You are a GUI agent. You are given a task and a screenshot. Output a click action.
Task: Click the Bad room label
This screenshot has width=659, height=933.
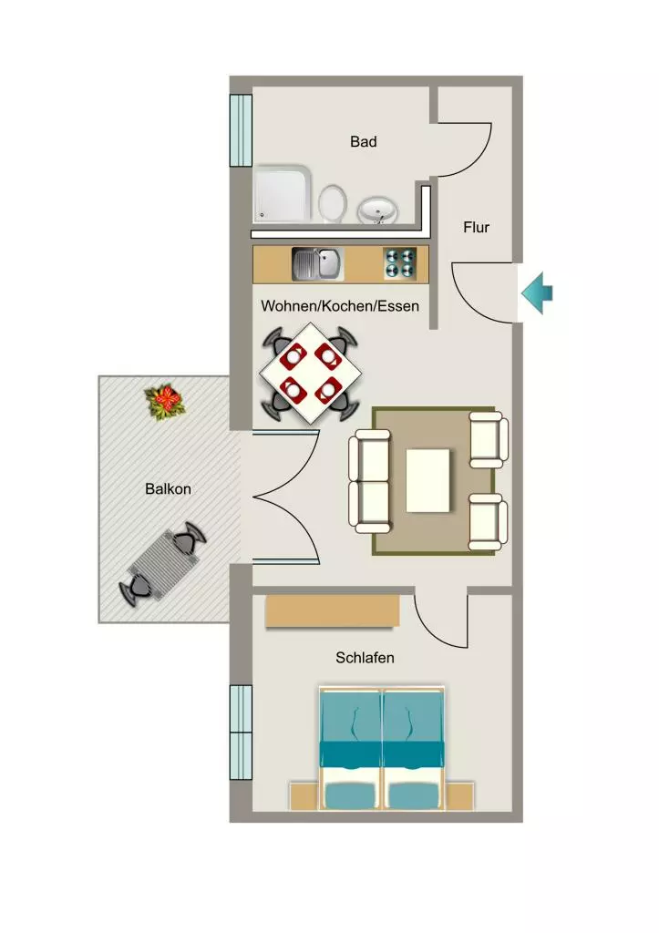tap(363, 141)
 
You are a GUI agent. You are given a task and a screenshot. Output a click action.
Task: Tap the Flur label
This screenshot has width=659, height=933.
tap(476, 227)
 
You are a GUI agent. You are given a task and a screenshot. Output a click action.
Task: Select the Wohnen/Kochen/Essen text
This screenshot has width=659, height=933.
tap(340, 306)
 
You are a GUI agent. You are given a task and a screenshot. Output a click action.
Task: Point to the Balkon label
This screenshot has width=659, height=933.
tap(168, 489)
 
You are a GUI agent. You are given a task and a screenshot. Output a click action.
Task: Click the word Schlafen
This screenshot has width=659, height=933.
tap(365, 658)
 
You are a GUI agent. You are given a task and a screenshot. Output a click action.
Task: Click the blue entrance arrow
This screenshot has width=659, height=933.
tap(538, 292)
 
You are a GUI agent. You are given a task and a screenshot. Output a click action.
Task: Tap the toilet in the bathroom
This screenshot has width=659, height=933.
tap(332, 203)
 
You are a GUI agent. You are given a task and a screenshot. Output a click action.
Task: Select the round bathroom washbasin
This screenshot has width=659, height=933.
tap(378, 210)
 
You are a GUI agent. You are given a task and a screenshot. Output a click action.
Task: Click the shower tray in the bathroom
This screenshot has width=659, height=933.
tap(283, 194)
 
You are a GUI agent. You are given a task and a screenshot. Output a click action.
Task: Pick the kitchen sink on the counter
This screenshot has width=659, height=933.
tap(318, 264)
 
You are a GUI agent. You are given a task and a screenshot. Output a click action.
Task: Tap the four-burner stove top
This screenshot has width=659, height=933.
tap(399, 263)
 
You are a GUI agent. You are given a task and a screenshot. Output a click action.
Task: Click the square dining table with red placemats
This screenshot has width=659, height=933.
tap(310, 373)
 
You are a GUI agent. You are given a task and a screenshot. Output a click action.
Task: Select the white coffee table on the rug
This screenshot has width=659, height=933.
tap(428, 481)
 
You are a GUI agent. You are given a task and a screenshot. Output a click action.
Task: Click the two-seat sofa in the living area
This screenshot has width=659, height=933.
tap(370, 481)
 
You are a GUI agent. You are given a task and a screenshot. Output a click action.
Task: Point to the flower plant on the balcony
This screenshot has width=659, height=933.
tap(166, 403)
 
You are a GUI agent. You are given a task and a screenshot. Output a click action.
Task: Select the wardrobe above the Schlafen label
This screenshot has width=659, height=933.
tap(332, 610)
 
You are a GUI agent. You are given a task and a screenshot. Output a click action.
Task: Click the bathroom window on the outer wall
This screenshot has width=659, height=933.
tap(242, 129)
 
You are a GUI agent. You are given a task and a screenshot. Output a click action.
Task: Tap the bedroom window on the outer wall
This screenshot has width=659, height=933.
tap(242, 732)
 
